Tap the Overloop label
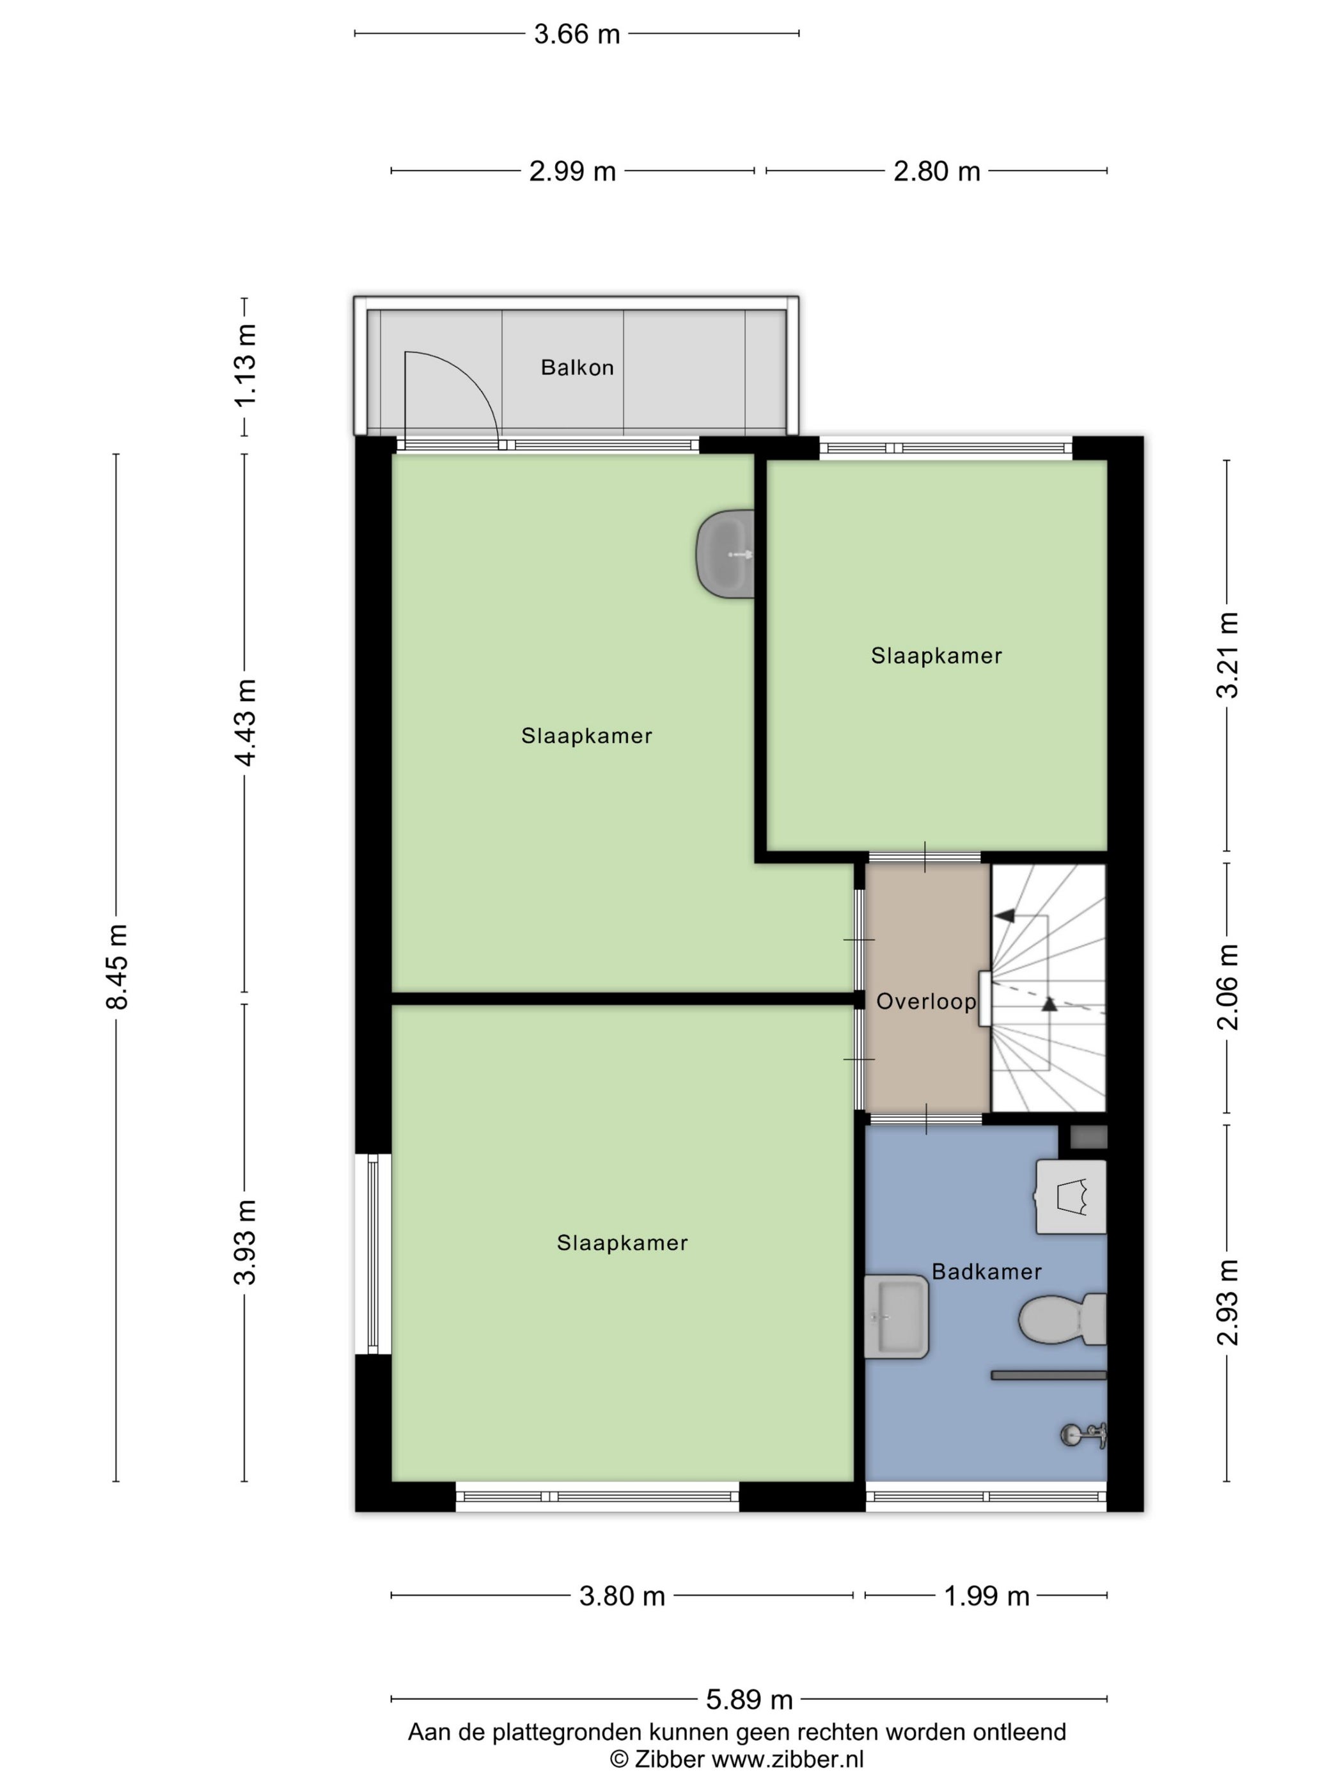click(x=926, y=1002)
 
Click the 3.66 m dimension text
click(x=576, y=34)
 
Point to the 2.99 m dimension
click(x=572, y=171)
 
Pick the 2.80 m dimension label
click(x=937, y=171)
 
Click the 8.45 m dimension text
click(x=118, y=967)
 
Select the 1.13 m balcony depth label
click(x=244, y=366)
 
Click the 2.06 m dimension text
click(x=1227, y=987)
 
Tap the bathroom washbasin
click(x=896, y=1316)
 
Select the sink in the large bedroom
click(x=725, y=555)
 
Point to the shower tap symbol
click(x=1084, y=1435)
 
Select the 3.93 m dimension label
click(x=244, y=1242)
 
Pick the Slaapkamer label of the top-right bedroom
click(x=937, y=656)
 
